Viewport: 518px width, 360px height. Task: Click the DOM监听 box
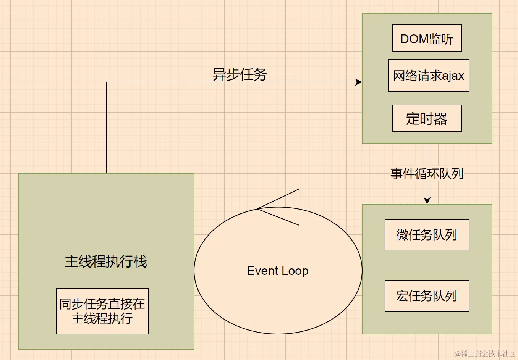click(427, 38)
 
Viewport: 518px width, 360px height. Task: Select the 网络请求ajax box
click(429, 76)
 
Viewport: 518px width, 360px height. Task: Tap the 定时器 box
click(427, 118)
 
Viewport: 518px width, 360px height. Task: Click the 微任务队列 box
click(427, 235)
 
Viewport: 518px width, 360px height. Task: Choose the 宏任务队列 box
click(427, 296)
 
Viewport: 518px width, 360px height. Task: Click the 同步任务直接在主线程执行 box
click(102, 311)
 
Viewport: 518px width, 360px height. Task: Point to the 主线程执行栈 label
click(106, 262)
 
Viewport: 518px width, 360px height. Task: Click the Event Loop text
click(278, 271)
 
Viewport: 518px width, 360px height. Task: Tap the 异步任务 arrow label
click(240, 74)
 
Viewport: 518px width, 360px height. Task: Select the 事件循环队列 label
click(427, 174)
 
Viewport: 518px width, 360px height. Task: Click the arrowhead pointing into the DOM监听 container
click(359, 82)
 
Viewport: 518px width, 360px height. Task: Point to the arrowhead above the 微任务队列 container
click(427, 200)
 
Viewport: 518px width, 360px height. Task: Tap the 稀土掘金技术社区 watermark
click(485, 354)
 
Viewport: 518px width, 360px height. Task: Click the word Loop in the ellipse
click(295, 271)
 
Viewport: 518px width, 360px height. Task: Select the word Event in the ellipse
click(262, 271)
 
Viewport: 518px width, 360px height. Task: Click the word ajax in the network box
click(453, 76)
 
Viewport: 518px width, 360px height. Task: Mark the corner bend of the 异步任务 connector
click(106, 82)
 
